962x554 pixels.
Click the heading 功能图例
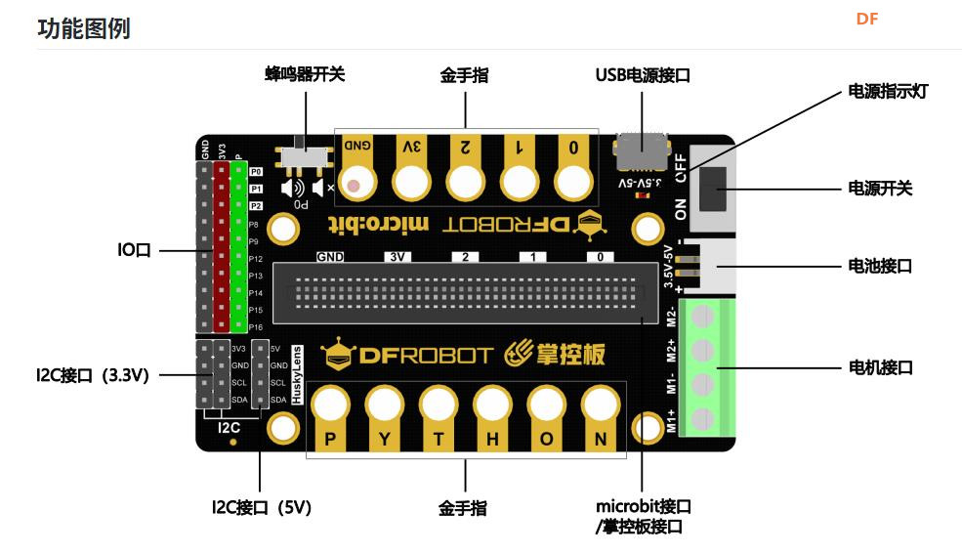click(x=83, y=28)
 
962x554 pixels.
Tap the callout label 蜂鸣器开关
click(x=305, y=75)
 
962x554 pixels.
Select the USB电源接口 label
click(x=643, y=75)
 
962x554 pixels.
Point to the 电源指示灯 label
click(x=887, y=92)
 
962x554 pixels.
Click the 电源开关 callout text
click(x=880, y=188)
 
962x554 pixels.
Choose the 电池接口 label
click(x=880, y=265)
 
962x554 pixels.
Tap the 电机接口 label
click(x=880, y=368)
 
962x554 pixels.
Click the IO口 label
click(x=135, y=251)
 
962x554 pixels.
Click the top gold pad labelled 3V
click(x=412, y=166)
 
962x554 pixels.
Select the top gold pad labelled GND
click(x=357, y=166)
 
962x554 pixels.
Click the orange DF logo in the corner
click(x=867, y=19)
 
